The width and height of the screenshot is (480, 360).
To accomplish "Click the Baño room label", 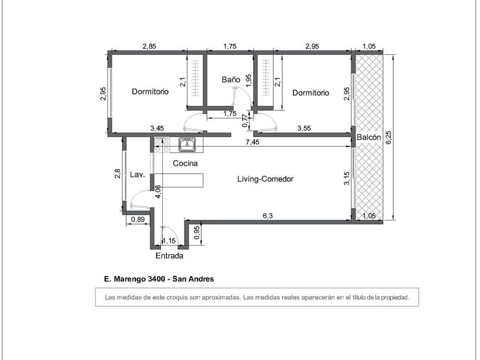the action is pos(231,79).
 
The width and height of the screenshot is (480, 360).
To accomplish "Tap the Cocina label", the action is pos(185,163).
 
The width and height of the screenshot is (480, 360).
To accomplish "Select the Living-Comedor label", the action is pos(265,179).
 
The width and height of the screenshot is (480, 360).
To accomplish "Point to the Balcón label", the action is pos(369,137).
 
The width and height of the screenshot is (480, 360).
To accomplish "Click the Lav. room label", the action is pos(138,174).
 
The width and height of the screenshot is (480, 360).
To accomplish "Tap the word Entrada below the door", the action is pos(169,255).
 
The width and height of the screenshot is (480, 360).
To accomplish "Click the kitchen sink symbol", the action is pos(187,145).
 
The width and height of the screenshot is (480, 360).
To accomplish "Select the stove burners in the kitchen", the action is pos(162,145).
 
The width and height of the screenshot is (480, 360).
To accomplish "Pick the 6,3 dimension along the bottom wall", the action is pos(267,215).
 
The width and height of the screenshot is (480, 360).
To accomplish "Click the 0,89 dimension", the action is pos(138,219).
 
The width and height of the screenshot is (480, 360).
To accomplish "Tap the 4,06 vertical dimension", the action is pos(158,192).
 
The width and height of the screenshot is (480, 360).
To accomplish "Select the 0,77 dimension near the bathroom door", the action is pos(245,121).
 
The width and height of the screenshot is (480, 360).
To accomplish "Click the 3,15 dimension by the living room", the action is pos(346,178).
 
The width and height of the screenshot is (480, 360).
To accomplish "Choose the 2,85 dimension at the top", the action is pos(149,46).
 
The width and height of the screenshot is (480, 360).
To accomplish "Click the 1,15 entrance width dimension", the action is pos(169,241).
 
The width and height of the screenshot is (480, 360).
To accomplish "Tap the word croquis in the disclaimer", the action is pos(177,297).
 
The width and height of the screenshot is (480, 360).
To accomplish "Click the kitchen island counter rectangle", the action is pos(179,180).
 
